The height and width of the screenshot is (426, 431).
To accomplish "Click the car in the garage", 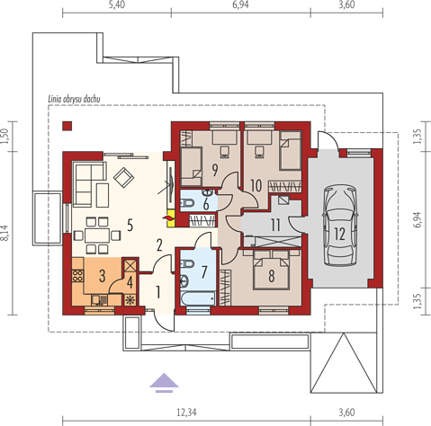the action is (x=340, y=225).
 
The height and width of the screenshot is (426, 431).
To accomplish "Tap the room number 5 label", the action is (x=130, y=225).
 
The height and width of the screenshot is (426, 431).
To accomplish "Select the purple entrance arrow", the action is (x=164, y=383).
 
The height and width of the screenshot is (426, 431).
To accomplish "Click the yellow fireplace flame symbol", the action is (x=170, y=216).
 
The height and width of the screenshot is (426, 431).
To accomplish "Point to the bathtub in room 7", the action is (x=198, y=298).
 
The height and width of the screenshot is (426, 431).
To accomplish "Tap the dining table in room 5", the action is (x=97, y=235).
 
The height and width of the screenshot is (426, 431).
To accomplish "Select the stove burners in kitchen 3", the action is (x=77, y=275).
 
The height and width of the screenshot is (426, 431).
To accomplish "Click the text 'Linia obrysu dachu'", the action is (x=74, y=99).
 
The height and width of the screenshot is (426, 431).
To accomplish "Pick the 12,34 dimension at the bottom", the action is (x=186, y=413).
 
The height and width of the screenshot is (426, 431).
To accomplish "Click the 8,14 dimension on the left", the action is (x=5, y=233).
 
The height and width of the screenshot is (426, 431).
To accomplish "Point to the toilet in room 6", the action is (x=188, y=203).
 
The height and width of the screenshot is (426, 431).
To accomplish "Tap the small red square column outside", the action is (x=67, y=126).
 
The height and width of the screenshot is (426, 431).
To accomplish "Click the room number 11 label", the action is (x=275, y=225).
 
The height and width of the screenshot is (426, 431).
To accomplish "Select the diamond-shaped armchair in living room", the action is (x=123, y=178).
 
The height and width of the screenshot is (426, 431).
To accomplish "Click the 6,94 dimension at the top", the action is (x=240, y=4).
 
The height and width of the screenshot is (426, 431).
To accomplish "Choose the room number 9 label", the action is (x=215, y=170).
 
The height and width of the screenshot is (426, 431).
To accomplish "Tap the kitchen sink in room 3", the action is (x=100, y=300).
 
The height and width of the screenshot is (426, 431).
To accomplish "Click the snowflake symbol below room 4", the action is (x=130, y=300).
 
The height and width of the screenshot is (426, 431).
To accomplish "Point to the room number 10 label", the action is (x=256, y=185).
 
